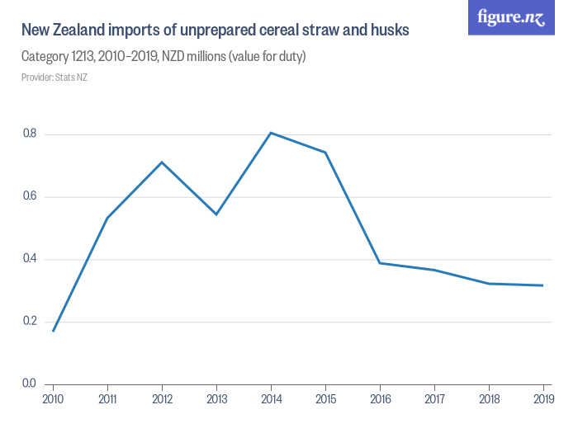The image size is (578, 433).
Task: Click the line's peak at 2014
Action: (271, 133)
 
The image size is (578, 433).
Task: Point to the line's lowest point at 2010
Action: (53, 331)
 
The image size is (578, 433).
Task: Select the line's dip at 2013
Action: (216, 214)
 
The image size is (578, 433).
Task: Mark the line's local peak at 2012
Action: (162, 162)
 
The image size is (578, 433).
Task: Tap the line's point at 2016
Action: (380, 262)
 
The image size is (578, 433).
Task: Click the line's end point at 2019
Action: (543, 285)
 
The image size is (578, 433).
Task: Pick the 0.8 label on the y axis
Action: (30, 134)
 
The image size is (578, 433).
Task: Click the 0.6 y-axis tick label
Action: (30, 196)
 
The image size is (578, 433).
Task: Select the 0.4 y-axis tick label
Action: (30, 259)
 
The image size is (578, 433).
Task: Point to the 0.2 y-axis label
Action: (30, 322)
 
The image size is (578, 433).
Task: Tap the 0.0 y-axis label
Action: (30, 384)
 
